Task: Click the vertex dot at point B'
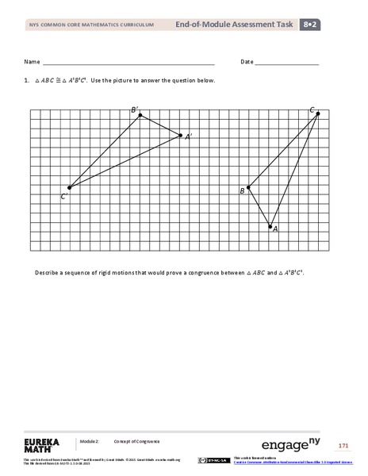tap(140, 115)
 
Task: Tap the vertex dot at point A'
tap(181, 135)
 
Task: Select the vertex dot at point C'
tap(69, 188)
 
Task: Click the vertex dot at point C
tap(317, 113)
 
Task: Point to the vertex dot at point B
tap(249, 188)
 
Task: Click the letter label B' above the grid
tap(135, 109)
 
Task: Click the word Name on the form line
tap(31, 62)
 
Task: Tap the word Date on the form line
tap(247, 62)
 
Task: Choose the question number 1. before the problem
tap(27, 81)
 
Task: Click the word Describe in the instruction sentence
tap(47, 272)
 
